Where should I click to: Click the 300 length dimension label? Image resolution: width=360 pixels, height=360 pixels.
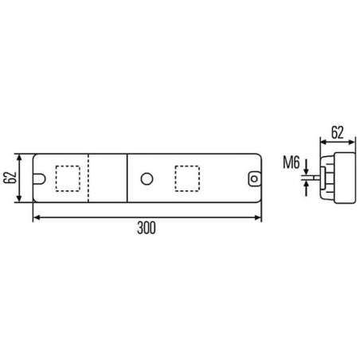tap(147, 228)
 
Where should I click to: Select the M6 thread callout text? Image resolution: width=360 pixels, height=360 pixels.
tap(292, 162)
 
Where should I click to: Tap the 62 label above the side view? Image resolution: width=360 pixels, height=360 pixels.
tap(338, 132)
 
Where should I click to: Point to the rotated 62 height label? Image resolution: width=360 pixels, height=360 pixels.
tap(10, 178)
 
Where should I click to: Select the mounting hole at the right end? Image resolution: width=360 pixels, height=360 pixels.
tap(254, 178)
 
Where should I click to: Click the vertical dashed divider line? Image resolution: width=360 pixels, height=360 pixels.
tap(88, 178)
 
